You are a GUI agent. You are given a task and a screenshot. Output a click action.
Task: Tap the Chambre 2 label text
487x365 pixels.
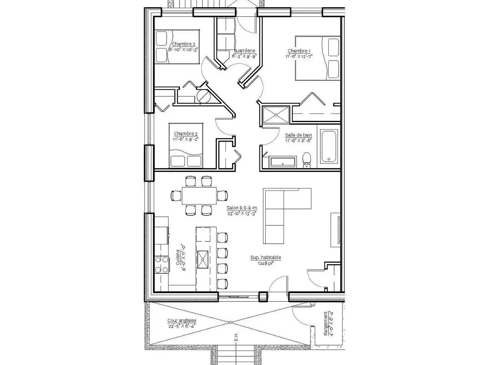183,44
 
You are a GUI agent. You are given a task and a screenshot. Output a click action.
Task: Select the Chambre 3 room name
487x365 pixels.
186,134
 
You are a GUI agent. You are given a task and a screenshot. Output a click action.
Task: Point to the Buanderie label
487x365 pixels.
245,51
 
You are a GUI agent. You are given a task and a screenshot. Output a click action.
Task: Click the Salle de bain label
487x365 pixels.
299,135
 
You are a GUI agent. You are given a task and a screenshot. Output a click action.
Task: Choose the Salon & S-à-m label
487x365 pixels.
242,208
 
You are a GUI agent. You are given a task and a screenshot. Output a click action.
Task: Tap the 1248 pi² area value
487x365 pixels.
266,263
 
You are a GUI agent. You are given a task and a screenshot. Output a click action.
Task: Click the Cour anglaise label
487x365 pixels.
182,320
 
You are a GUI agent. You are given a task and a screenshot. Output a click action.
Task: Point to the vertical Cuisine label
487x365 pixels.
178,257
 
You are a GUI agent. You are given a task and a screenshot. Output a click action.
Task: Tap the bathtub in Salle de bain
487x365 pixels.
329,146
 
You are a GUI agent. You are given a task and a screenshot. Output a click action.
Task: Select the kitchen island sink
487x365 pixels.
203,260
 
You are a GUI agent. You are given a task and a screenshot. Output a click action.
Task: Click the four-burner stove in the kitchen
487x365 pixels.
162,264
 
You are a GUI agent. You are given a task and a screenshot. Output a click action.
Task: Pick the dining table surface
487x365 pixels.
199,196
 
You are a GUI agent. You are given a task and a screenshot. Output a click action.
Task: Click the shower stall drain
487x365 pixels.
276,115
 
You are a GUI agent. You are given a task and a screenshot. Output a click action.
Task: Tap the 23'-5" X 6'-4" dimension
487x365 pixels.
182,326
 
